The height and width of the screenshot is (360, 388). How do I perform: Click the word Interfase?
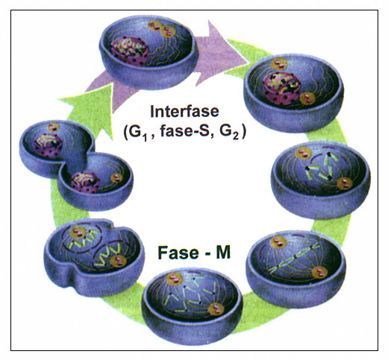[184, 112]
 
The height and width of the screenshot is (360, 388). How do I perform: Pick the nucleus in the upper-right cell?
[282, 88]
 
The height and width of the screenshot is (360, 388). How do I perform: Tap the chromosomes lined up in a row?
[295, 259]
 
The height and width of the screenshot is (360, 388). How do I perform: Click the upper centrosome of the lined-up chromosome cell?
[278, 241]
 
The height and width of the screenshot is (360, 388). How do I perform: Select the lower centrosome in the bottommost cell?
[216, 309]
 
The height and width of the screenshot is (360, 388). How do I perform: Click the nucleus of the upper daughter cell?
[48, 146]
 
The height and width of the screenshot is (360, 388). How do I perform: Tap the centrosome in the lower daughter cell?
[116, 178]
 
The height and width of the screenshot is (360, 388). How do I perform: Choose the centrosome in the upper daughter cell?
[53, 127]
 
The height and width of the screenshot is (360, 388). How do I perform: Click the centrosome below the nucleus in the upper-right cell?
[307, 98]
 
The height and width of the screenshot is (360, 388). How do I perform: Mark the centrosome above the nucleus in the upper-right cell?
[279, 63]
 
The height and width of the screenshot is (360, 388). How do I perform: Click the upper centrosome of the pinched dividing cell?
[77, 233]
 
